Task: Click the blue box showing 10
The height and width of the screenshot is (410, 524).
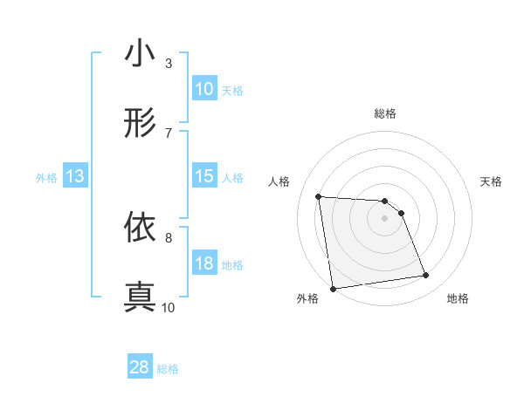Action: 204,89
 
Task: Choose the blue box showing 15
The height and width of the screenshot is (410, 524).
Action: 204,176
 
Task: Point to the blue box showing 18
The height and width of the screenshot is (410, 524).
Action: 204,263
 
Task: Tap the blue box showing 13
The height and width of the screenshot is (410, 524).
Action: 75,176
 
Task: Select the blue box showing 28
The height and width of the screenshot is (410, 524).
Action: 140,367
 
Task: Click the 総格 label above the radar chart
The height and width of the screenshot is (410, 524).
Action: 385,113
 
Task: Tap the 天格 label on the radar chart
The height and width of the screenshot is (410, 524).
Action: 492,181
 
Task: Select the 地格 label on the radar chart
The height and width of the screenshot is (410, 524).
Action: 458,298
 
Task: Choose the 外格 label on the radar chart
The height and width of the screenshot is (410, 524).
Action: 307,298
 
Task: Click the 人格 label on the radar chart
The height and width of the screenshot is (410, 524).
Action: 279,181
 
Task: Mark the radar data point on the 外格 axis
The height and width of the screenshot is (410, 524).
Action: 333,288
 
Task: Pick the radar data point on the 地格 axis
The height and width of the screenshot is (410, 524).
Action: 426,276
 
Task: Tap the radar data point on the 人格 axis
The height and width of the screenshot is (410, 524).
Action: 319,196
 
